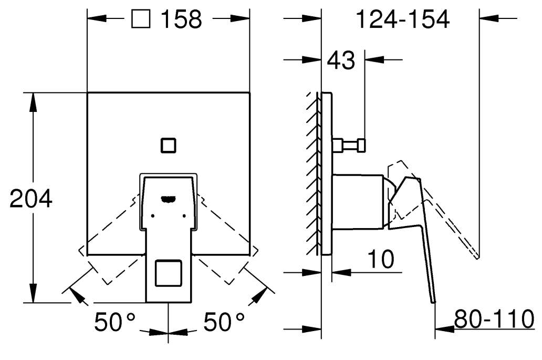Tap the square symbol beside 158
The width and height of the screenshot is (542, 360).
141,19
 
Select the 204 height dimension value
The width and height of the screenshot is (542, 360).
31,199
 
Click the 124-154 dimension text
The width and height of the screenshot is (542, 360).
403,19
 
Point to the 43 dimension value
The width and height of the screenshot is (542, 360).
341,60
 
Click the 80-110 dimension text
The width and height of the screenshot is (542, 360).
494,319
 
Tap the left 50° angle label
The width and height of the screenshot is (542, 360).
115,322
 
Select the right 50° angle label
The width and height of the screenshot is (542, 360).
224,322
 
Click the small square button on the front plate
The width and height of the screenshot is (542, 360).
169,145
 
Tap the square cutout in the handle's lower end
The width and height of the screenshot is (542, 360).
169,273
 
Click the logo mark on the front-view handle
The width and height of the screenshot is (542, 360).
169,199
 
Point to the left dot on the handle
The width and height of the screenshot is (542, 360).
152,216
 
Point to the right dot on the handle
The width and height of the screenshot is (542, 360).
184,216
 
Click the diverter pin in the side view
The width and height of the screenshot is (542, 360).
349,145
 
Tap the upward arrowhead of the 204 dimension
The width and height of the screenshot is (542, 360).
33,102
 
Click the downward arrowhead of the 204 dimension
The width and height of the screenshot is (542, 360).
33,293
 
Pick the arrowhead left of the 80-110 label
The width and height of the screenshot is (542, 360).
444,328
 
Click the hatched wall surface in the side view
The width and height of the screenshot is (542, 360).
313,173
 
